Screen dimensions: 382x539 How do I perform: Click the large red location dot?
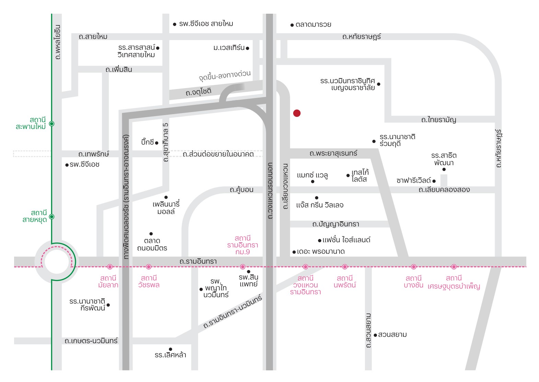[297, 113]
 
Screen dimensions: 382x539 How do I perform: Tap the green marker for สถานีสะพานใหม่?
[52, 124]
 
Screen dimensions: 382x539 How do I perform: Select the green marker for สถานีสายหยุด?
[52, 217]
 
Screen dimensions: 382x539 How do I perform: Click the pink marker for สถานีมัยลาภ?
[110, 267]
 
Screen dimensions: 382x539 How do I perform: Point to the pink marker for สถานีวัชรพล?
[149, 267]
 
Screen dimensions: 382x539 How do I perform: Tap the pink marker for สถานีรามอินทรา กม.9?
[243, 267]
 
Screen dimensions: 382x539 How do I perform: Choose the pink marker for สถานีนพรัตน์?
[345, 267]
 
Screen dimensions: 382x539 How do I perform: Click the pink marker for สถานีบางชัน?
[414, 267]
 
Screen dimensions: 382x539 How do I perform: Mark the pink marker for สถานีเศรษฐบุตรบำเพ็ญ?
[454, 267]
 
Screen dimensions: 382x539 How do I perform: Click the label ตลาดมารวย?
[313, 25]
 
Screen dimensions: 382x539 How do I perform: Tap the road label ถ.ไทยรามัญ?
[438, 120]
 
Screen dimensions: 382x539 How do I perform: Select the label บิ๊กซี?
[148, 142]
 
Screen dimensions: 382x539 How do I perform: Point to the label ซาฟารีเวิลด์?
[413, 181]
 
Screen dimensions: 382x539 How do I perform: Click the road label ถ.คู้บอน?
[241, 190]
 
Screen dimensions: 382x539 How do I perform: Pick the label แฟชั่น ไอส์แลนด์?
[346, 240]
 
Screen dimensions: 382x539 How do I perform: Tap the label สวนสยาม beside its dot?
[392, 335]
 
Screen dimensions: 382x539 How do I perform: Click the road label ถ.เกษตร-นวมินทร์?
[91, 341]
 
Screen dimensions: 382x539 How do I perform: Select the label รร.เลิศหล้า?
[170, 355]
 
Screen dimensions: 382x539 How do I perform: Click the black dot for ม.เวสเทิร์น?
[248, 48]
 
